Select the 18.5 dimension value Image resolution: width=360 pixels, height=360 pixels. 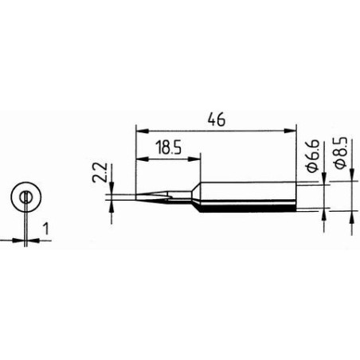coord(166,147)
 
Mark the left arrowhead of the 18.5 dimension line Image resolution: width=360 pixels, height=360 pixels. coord(141,157)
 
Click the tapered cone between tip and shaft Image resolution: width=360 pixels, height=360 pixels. coord(194,197)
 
